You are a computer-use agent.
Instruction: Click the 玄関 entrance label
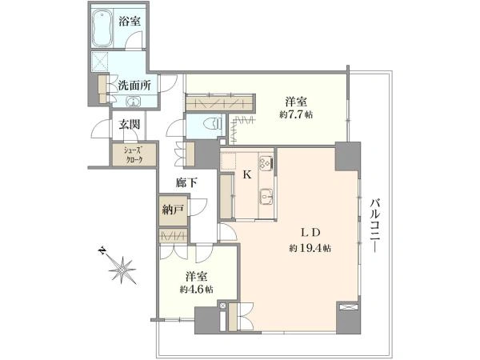click(130, 124)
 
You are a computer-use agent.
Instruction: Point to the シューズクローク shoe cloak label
click(127, 152)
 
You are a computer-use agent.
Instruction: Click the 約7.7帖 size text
click(297, 115)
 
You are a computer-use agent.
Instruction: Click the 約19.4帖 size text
click(311, 248)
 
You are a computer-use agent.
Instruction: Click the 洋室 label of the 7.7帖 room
click(297, 102)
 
